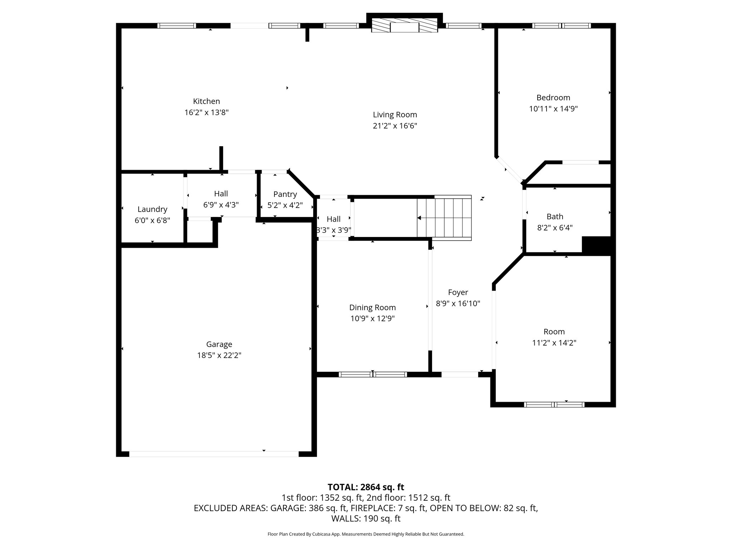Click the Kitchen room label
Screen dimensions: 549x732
[206, 101]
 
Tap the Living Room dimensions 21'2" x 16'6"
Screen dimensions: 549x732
[395, 126]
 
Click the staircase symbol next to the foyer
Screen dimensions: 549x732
[445, 218]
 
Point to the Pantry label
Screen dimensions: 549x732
[285, 194]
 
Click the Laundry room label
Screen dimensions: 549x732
[152, 209]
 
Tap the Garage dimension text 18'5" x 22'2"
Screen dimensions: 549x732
[219, 355]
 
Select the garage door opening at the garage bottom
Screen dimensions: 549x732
[214, 454]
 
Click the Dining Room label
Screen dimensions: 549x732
[372, 307]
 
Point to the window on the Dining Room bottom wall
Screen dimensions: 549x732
[372, 374]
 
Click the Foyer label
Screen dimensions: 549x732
[458, 292]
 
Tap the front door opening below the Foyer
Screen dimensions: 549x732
[460, 374]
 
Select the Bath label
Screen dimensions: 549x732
[555, 216]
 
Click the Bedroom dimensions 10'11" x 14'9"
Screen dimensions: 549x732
[553, 109]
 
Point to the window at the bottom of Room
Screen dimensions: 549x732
[554, 405]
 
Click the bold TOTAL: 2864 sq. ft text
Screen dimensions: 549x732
[366, 487]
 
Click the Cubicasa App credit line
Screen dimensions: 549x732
[366, 534]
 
